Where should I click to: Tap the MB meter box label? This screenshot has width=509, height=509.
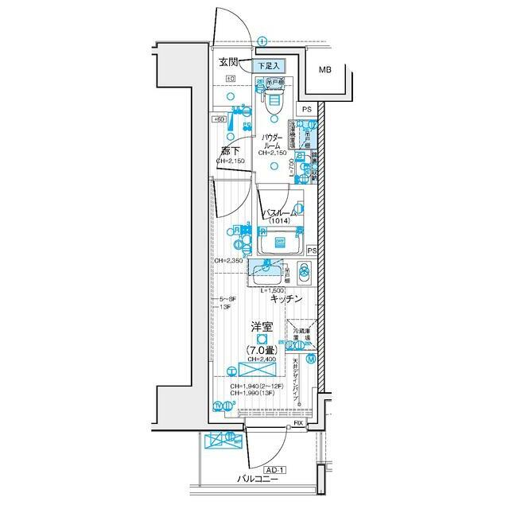(326, 71)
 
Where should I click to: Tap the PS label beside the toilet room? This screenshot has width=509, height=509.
(308, 109)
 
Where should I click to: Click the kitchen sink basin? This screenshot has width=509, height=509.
(268, 274)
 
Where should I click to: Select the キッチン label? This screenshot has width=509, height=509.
(286, 299)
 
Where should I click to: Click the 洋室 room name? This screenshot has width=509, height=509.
(262, 326)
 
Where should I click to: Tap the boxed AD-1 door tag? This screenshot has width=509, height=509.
(275, 470)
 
